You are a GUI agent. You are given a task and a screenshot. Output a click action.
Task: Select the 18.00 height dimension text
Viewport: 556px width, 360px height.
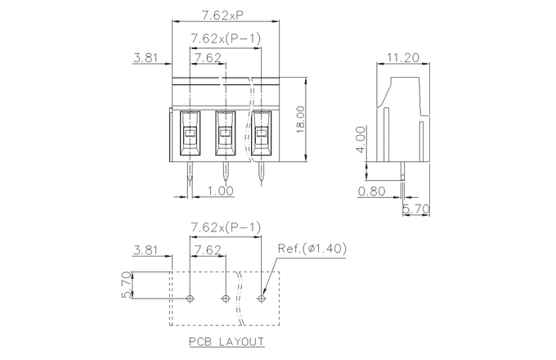point(300,119)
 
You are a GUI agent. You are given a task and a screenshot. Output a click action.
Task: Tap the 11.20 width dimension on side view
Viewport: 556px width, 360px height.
point(403,57)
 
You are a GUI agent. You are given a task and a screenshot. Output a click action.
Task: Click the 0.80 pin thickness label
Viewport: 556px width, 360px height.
point(373,191)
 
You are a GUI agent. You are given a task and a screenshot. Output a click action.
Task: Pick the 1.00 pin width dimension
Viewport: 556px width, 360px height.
point(219,191)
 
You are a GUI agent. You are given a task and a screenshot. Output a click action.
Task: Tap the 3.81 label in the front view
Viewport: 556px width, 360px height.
point(146,58)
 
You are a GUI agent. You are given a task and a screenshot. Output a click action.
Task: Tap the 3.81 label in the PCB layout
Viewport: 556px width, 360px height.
point(146,249)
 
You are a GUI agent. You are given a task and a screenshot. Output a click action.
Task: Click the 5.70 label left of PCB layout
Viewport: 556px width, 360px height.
point(126,284)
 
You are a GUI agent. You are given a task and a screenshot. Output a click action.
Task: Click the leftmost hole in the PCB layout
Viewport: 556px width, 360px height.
point(191,299)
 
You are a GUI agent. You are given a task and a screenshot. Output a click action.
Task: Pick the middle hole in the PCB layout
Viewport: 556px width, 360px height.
point(226,299)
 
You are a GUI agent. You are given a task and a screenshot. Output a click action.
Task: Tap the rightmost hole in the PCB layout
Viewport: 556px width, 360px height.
point(262,299)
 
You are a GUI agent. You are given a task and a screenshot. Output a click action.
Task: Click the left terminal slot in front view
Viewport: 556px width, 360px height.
point(190,133)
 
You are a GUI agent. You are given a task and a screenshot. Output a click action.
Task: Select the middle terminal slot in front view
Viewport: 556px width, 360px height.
point(226,133)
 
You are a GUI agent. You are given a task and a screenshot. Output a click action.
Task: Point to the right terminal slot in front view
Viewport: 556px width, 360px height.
point(262,133)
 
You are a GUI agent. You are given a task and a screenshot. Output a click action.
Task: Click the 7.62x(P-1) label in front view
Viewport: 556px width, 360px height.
point(225,38)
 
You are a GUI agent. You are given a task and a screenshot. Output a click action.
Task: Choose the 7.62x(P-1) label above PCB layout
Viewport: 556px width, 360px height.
point(225,227)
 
